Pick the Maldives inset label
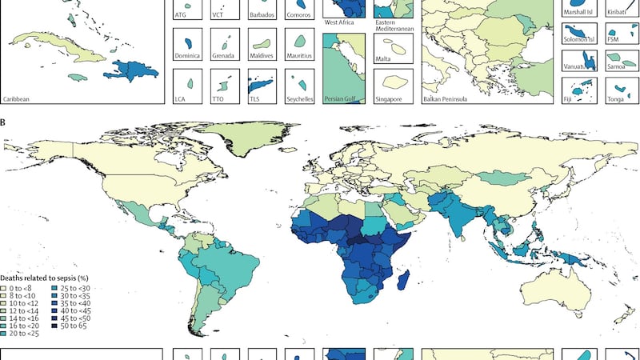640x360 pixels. [262, 56]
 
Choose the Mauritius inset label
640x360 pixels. [300, 56]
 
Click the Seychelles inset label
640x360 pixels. [301, 99]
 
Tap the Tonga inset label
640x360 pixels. [618, 99]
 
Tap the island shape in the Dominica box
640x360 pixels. [190, 42]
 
